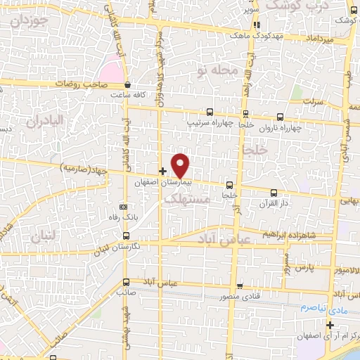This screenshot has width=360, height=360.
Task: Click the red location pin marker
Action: [x=181, y=165]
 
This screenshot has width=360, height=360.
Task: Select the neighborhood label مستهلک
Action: [x=186, y=200]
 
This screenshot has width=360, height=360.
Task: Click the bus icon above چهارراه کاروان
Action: [x=281, y=117]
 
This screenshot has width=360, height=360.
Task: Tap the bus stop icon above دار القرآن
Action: [x=274, y=193]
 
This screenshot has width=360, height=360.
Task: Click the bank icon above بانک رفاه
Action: [x=124, y=207]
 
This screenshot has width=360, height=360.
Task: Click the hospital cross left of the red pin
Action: [x=162, y=171]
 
